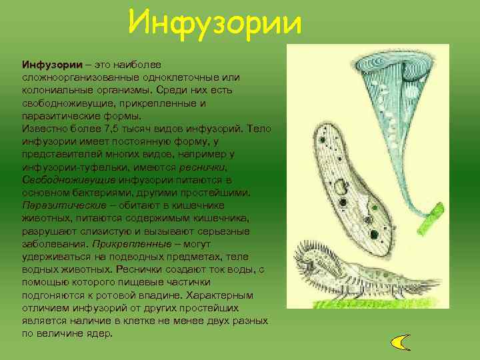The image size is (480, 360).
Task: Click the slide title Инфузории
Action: click(x=215, y=22)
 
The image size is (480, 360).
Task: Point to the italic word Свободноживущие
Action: click(x=63, y=180)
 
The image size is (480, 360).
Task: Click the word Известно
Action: click(x=43, y=129)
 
